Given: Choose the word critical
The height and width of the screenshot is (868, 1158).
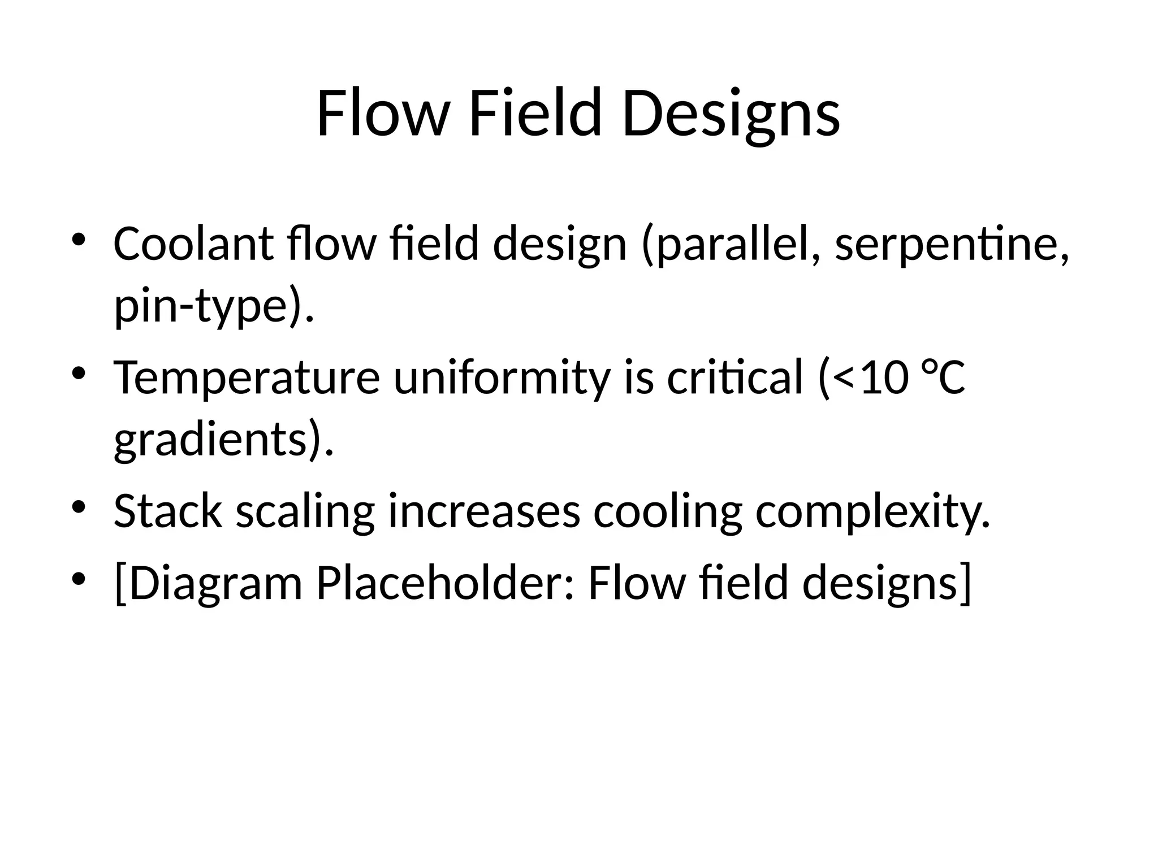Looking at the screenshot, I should pyautogui.click(x=734, y=377).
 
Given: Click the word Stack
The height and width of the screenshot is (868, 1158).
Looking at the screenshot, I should pyautogui.click(x=168, y=511).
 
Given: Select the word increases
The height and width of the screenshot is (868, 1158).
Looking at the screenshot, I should pyautogui.click(x=484, y=511).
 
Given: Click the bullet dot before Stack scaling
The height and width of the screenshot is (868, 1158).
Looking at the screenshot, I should pyautogui.click(x=79, y=505).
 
